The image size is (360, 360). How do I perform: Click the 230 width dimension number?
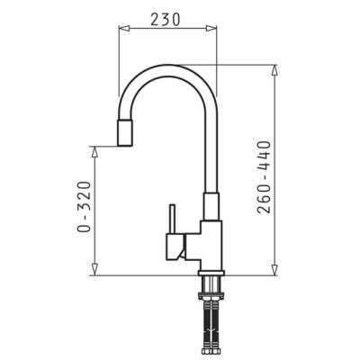pyautogui.click(x=169, y=17)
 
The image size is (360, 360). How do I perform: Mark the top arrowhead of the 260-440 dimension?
pyautogui.click(x=274, y=69)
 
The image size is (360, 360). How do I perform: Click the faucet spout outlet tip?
pyautogui.click(x=125, y=135)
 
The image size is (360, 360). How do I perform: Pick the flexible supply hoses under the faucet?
pyautogui.click(x=208, y=319)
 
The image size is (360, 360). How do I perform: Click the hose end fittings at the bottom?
pyautogui.click(x=208, y=349)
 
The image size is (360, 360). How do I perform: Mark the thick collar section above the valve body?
pyautogui.click(x=210, y=207)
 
